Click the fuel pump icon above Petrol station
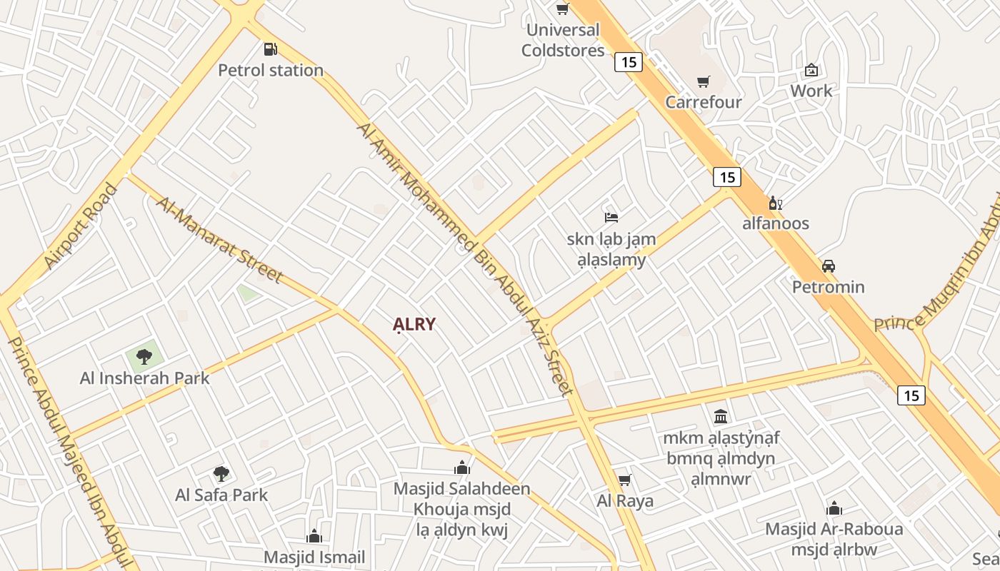pyautogui.click(x=270, y=49)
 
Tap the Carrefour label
pyautogui.click(x=704, y=102)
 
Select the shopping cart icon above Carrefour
pyautogui.click(x=704, y=81)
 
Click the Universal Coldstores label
pyautogui.click(x=563, y=40)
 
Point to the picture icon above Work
pyautogui.click(x=811, y=70)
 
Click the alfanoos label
pyautogui.click(x=776, y=223)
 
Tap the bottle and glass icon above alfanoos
pyautogui.click(x=775, y=203)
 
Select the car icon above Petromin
pyautogui.click(x=828, y=266)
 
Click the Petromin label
pyautogui.click(x=829, y=287)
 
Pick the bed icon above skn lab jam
pyautogui.click(x=611, y=218)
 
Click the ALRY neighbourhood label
pyautogui.click(x=414, y=325)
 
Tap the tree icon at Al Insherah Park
pyautogui.click(x=144, y=356)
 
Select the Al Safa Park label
pyautogui.click(x=221, y=495)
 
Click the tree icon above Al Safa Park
pyautogui.click(x=221, y=473)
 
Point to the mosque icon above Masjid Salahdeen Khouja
pyautogui.click(x=462, y=468)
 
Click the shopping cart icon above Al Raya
pyautogui.click(x=625, y=480)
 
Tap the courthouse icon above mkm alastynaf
pyautogui.click(x=721, y=416)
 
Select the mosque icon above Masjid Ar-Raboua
pyautogui.click(x=834, y=508)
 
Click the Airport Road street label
pyautogui.click(x=80, y=227)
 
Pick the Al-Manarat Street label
pyautogui.click(x=219, y=239)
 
